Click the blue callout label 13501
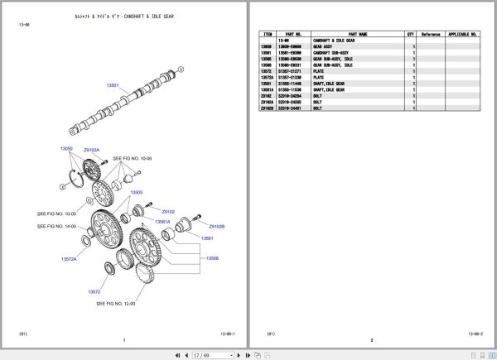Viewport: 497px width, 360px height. [113, 86]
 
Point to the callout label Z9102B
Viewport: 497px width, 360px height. [216, 226]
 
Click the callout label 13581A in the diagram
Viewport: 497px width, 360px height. [162, 222]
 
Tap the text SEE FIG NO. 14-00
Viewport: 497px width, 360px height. [58, 225]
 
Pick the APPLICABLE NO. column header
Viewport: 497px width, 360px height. [462, 35]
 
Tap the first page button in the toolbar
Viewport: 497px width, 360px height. [177, 355]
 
